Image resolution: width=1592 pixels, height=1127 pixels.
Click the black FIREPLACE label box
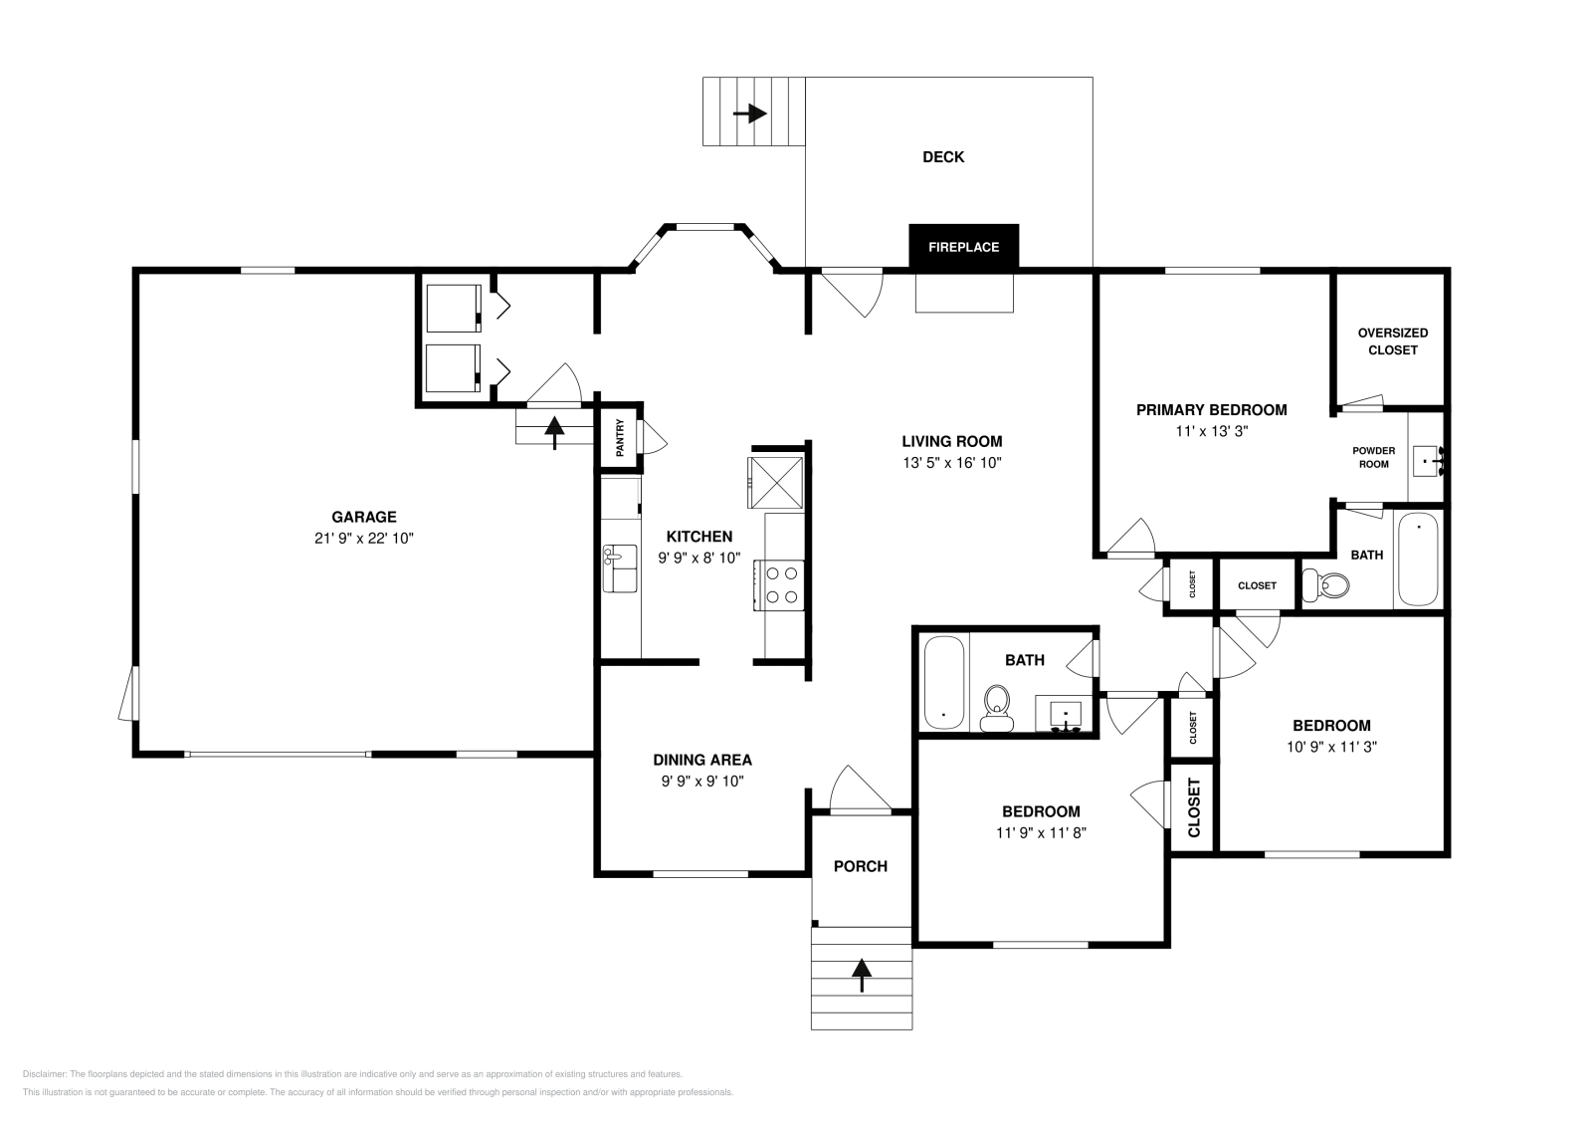point(963,247)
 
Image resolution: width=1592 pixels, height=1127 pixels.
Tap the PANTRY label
point(620,437)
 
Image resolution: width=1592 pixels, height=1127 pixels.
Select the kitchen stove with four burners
point(780,584)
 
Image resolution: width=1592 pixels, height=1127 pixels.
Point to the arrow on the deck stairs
point(750,113)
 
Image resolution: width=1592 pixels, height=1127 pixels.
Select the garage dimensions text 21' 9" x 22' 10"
point(364,539)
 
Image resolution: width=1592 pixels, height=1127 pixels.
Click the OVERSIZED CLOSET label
point(1392,341)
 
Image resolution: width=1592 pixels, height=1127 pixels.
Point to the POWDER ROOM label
point(1373,457)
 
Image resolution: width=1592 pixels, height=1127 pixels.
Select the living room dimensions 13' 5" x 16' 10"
point(952,463)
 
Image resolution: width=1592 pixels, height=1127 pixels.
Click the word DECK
point(943,157)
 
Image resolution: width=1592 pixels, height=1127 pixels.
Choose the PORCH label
point(861,866)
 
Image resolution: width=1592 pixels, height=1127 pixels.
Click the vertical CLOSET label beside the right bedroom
point(1194,806)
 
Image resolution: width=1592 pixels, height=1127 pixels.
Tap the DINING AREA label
point(702,760)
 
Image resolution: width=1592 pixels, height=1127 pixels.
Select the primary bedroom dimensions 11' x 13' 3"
point(1211,432)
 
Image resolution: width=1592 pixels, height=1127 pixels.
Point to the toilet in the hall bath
point(995,707)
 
